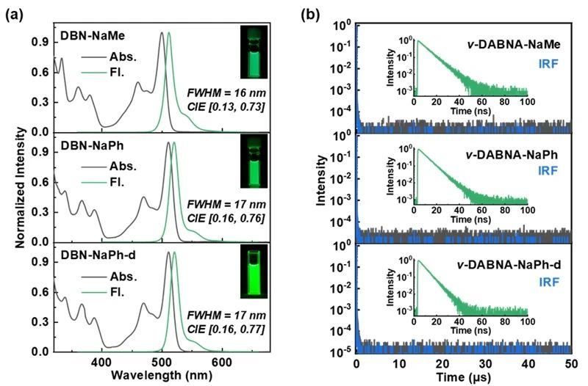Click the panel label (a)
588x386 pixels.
pyautogui.click(x=15, y=12)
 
